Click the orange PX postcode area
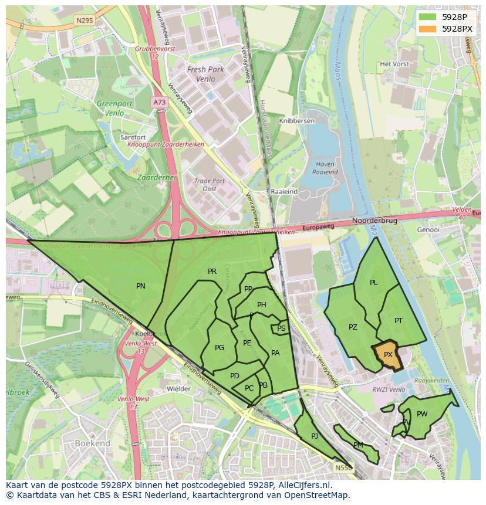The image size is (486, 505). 388,355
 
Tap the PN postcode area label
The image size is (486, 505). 141,286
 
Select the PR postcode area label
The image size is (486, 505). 212,272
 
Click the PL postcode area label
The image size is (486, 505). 374,283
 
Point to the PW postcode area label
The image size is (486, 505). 422,414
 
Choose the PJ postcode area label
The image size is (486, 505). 315,436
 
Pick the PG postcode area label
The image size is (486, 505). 220,348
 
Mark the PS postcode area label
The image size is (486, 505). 281,328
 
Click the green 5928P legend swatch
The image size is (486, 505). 428,16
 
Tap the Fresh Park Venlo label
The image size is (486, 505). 205,74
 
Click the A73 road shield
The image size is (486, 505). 159,102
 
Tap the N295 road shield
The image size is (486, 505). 85,20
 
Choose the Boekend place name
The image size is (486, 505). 92,443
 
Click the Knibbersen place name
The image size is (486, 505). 297,121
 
